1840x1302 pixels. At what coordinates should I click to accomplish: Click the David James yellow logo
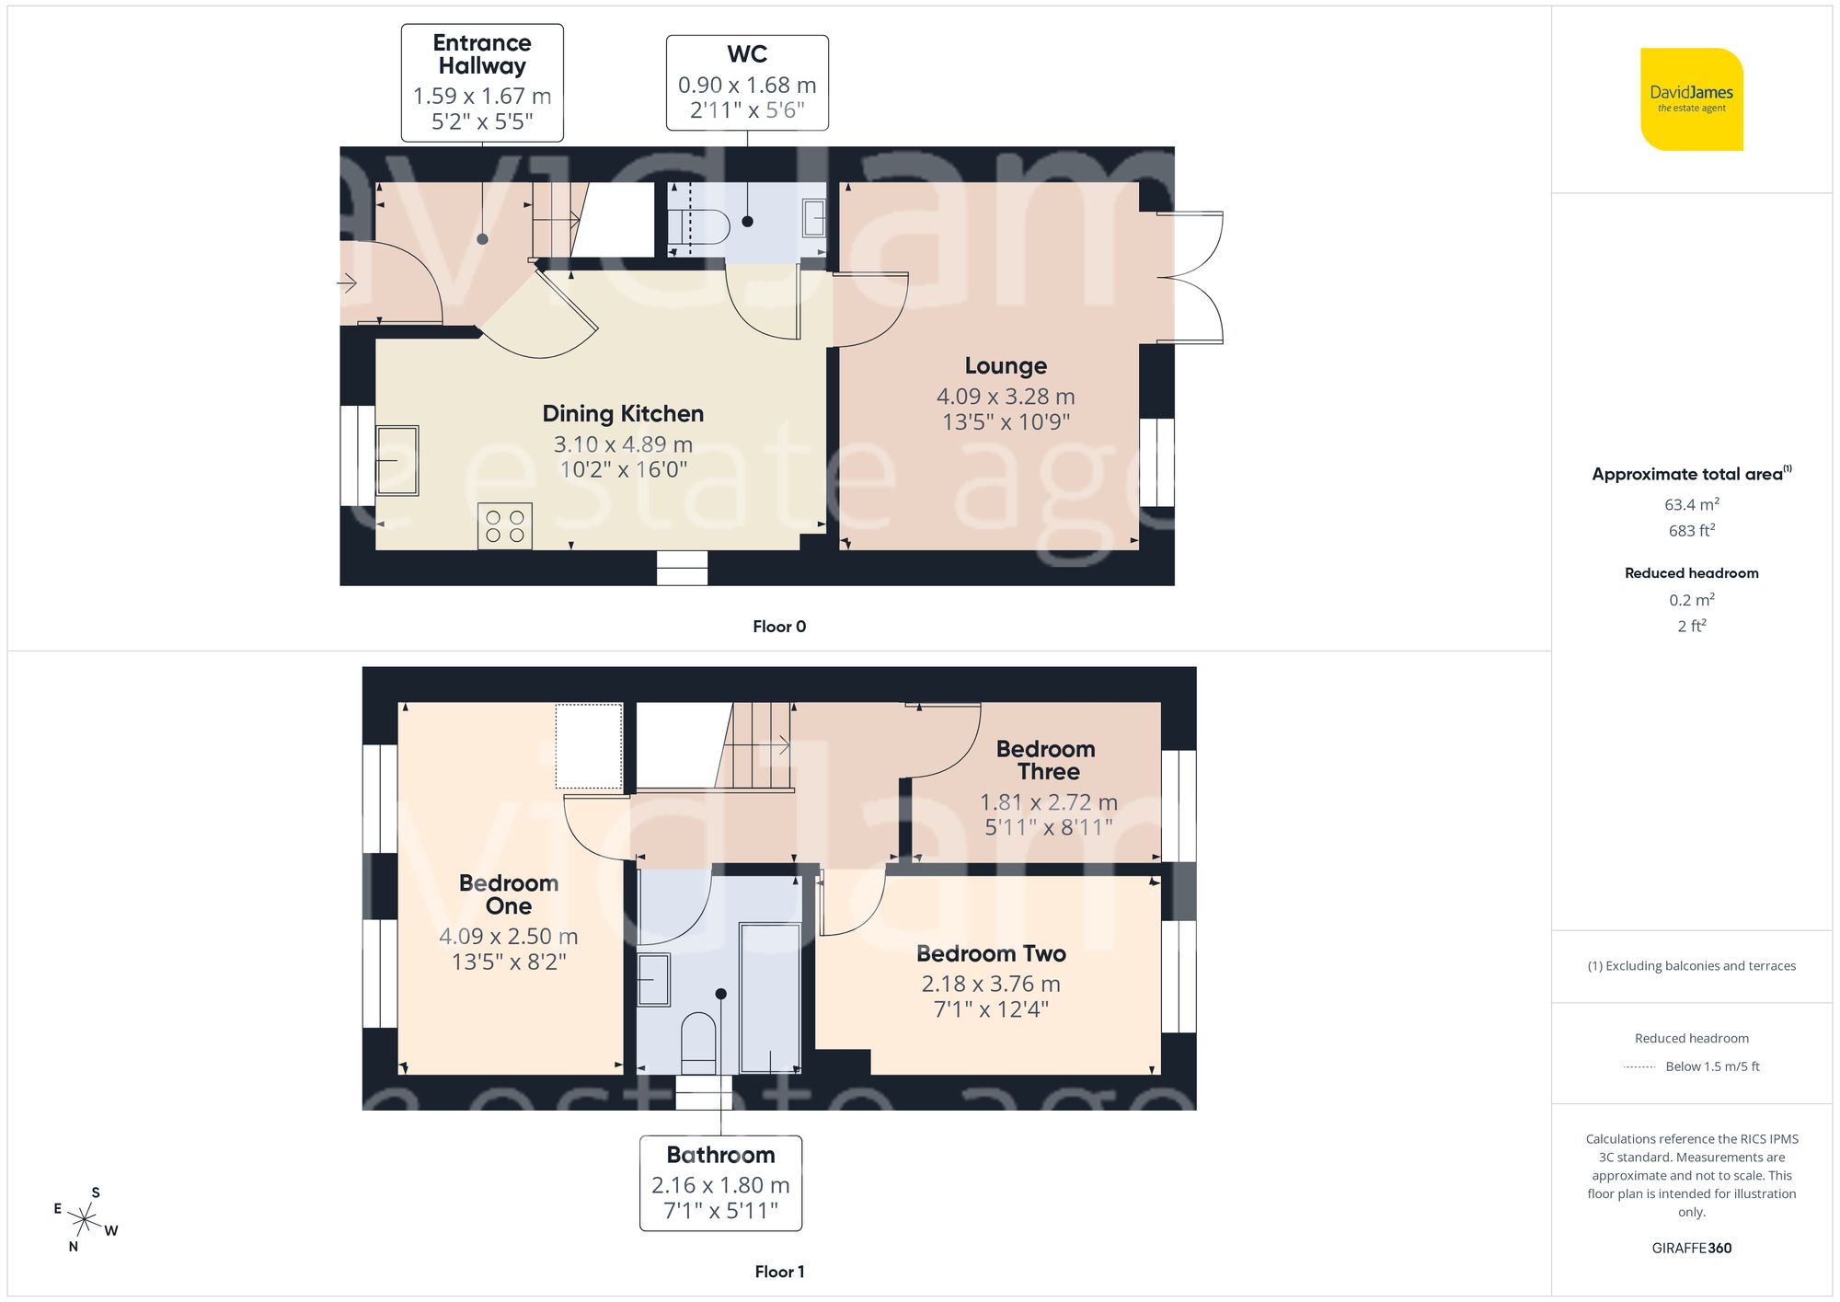tap(1691, 99)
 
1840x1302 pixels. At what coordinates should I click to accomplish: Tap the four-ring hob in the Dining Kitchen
tap(504, 526)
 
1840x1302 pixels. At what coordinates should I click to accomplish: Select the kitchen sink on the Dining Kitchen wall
tap(397, 460)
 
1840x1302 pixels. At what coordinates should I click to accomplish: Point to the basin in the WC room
tap(813, 219)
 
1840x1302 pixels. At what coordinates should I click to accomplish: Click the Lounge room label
tap(1006, 366)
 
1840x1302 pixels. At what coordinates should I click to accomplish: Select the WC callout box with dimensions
tap(747, 83)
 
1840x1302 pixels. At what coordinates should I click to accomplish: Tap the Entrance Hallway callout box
tap(482, 83)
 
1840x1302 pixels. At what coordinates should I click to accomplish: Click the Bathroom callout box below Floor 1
tap(720, 1182)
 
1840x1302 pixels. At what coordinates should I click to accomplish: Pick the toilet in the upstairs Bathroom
tap(698, 1043)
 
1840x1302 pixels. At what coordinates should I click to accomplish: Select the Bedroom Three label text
tap(1046, 760)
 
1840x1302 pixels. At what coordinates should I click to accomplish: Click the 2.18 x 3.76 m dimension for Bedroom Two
tap(991, 984)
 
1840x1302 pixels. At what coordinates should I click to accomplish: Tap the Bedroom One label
tap(509, 894)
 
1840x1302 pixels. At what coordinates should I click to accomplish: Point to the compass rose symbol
tap(85, 1220)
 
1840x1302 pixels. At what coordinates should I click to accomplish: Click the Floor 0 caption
tap(778, 627)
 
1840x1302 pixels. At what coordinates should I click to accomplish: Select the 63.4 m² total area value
tap(1691, 504)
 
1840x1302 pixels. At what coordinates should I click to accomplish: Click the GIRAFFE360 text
tap(1691, 1248)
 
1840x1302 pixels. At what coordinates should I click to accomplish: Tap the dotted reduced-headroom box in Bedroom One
tap(589, 746)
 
